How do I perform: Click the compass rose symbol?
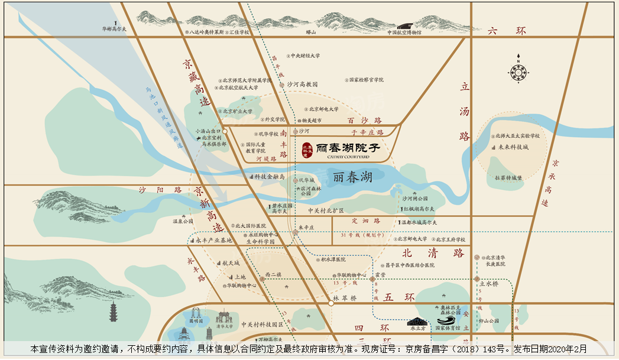(x=518, y=72)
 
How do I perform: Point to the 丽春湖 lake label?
(x=352, y=177)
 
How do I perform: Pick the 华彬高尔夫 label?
(x=114, y=28)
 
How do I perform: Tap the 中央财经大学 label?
(x=306, y=56)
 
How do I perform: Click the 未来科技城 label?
(x=513, y=147)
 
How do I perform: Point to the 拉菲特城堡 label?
(x=508, y=177)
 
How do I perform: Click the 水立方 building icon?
(x=417, y=323)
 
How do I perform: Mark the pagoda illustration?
(x=114, y=312)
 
